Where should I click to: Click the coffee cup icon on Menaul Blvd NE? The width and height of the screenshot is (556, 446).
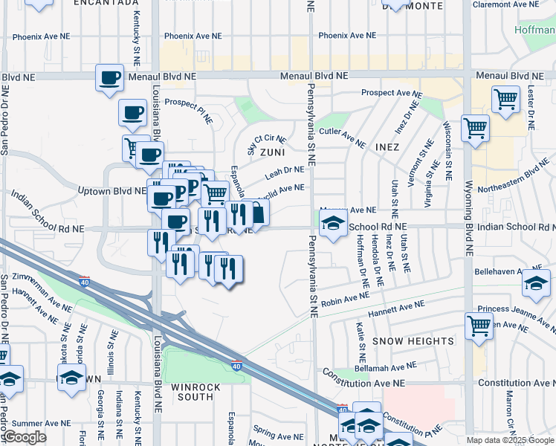pyautogui.click(x=109, y=77)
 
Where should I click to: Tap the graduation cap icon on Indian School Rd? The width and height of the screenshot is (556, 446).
pyautogui.click(x=332, y=223)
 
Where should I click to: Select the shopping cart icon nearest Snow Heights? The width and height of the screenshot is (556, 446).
pyautogui.click(x=479, y=325)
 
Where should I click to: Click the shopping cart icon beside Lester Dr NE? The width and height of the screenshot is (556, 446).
pyautogui.click(x=505, y=98)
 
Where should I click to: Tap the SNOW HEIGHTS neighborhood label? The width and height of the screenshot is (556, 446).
pyautogui.click(x=413, y=341)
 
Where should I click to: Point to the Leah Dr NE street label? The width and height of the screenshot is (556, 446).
pyautogui.click(x=285, y=173)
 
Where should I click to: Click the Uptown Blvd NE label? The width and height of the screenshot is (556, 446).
pyautogui.click(x=112, y=191)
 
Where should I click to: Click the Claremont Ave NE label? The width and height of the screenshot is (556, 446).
pyautogui.click(x=514, y=4)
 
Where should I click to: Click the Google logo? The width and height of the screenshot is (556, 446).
pyautogui.click(x=25, y=437)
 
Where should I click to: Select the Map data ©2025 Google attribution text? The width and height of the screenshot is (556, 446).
pyautogui.click(x=509, y=440)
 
